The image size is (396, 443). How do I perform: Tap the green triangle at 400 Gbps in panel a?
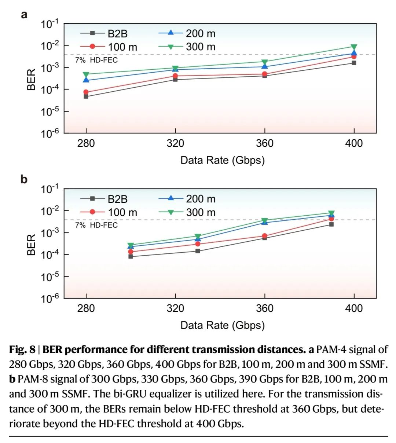click(x=354, y=47)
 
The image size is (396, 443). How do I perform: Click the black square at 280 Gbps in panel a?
click(x=86, y=96)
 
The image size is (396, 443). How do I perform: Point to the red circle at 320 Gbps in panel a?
click(x=175, y=76)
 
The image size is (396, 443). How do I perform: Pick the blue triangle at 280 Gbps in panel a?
click(x=86, y=80)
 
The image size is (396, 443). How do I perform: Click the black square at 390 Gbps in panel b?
click(x=331, y=224)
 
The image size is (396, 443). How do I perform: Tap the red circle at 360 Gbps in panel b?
click(x=265, y=236)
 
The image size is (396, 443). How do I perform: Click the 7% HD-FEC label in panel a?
click(x=96, y=60)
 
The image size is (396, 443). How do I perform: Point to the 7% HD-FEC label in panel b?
click(x=96, y=225)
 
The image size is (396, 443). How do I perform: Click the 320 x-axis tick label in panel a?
click(x=175, y=143)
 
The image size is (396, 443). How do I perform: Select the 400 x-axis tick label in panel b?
click(x=354, y=308)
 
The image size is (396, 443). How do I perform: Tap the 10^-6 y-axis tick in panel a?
click(x=50, y=133)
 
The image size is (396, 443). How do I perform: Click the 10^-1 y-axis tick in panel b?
click(x=50, y=189)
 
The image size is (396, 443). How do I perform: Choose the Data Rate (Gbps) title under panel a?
click(x=222, y=160)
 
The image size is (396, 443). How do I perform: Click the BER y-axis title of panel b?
click(x=32, y=245)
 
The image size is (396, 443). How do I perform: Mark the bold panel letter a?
click(x=24, y=15)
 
